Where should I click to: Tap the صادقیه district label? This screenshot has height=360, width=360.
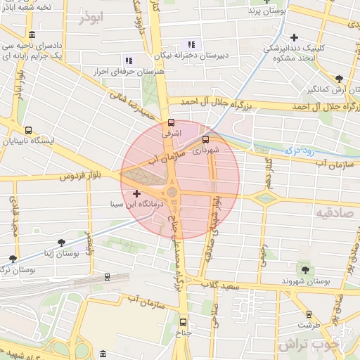[x=333, y=212]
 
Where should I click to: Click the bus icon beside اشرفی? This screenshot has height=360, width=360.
[x=172, y=121]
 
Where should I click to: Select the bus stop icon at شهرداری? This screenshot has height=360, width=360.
[x=205, y=139]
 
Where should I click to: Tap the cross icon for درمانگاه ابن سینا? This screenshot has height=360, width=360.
[x=136, y=193]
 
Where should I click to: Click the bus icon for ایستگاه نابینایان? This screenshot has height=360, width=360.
[x=29, y=130]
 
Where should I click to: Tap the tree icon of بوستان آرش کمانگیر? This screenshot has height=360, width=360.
[x=340, y=79]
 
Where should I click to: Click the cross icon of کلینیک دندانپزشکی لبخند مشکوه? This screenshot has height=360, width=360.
[x=294, y=37]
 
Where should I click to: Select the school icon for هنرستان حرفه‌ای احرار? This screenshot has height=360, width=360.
[x=128, y=61]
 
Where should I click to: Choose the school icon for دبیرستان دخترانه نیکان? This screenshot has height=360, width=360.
[x=190, y=45]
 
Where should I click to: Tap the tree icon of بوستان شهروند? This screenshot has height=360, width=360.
[x=304, y=269]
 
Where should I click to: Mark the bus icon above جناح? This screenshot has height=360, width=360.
[x=184, y=323]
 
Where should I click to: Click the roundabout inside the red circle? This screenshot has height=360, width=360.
[x=172, y=191]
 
